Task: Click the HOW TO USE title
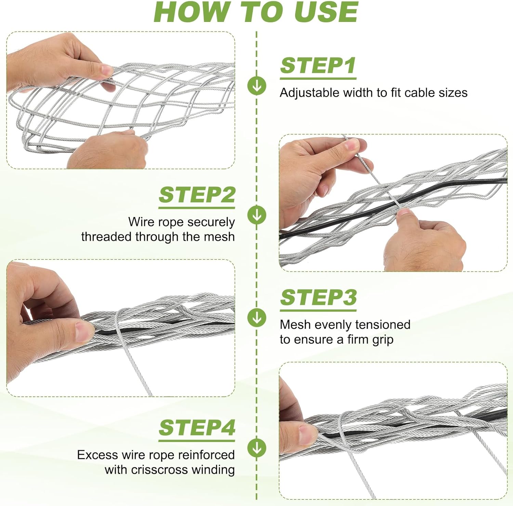click(x=256, y=12)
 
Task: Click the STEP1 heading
click(x=318, y=66)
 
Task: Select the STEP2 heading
click(x=197, y=195)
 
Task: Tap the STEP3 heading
click(x=318, y=298)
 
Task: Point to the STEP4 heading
click(x=197, y=428)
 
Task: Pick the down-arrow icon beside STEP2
click(x=257, y=215)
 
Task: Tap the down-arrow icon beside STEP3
click(x=257, y=317)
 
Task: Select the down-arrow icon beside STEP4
click(x=257, y=448)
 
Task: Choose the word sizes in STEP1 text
click(x=453, y=93)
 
